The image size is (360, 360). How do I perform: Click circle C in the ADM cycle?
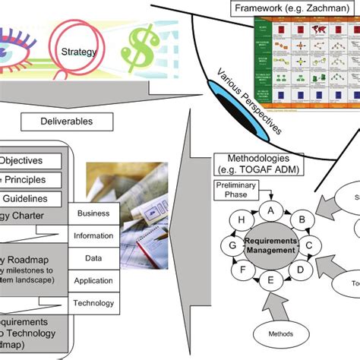coord(309,245)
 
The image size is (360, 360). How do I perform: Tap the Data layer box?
coord(93,258)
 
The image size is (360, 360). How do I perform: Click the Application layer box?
coord(93,280)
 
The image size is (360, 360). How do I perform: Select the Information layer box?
coord(93,236)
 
